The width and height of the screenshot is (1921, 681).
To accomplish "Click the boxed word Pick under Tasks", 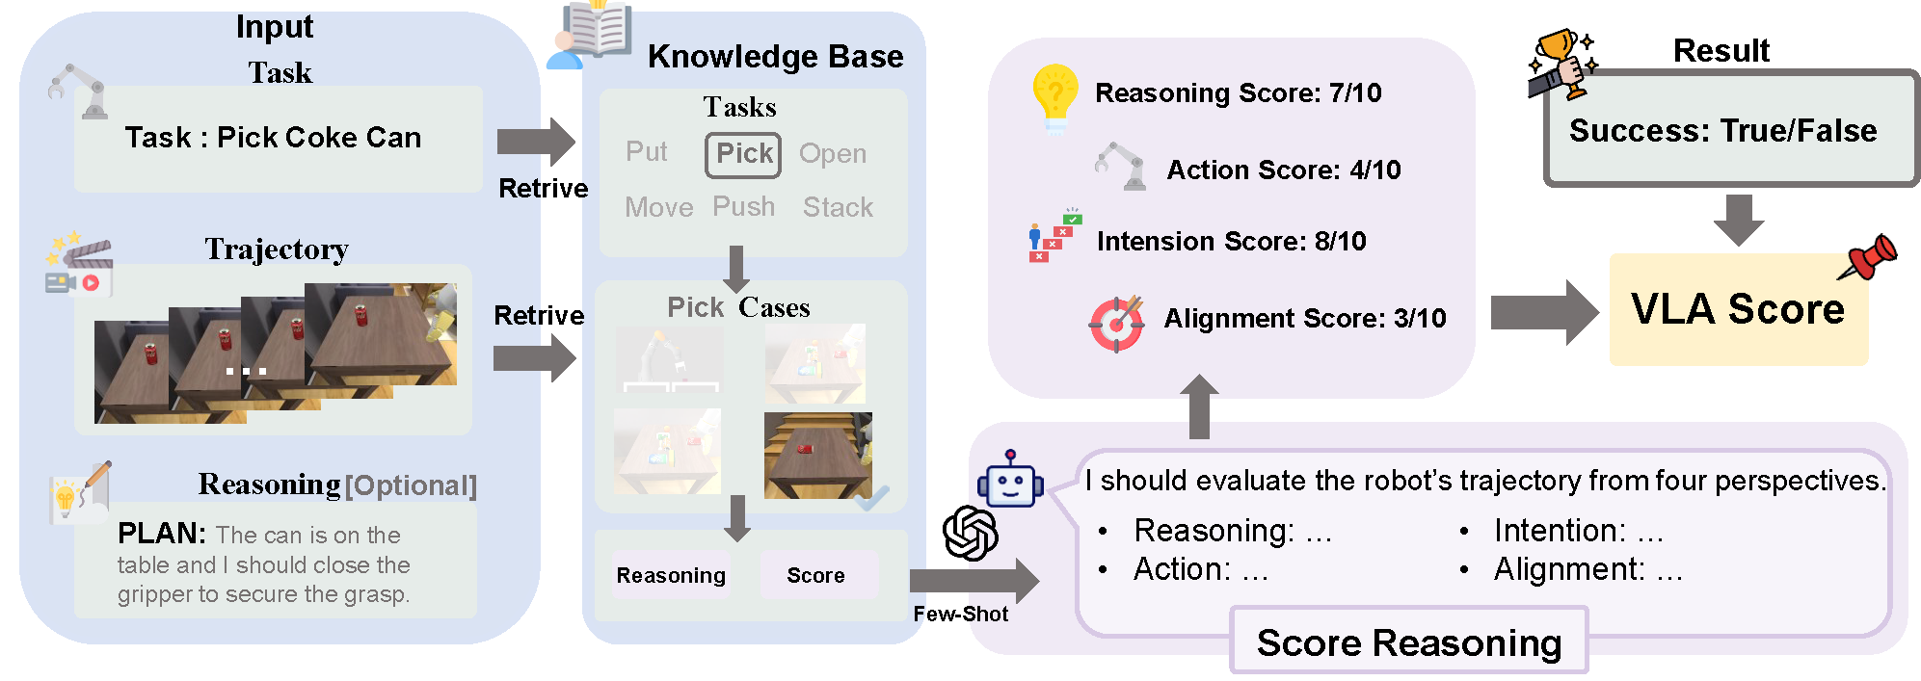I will pos(742,154).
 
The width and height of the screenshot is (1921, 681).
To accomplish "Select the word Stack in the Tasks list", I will pos(838,207).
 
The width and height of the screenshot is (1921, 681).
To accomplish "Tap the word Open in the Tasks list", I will pos(833,154).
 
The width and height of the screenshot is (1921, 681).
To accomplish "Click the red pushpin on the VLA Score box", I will pos(1870,257).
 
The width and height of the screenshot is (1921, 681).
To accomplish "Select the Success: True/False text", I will pos(1722,131).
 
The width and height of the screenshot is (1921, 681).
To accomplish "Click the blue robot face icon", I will pos(1009,480).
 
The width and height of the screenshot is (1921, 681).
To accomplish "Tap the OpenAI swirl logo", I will pos(970,533).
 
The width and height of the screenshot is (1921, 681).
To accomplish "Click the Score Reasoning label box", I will pos(1408,642).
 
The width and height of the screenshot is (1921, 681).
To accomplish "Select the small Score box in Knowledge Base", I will pos(816,575).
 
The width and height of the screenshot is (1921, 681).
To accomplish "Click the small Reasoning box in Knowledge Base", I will pos(671,575).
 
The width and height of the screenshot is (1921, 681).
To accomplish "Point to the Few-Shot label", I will pos(960,615).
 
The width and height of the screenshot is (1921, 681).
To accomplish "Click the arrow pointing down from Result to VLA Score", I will pos(1738,220).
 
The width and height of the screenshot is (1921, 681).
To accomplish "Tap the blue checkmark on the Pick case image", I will pos(872,498).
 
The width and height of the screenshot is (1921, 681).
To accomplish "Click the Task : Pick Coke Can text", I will pos(273,138).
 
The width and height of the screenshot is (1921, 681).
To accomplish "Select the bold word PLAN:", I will pos(161,534).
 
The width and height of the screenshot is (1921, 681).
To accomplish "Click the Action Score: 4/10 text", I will pos(1283,170).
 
